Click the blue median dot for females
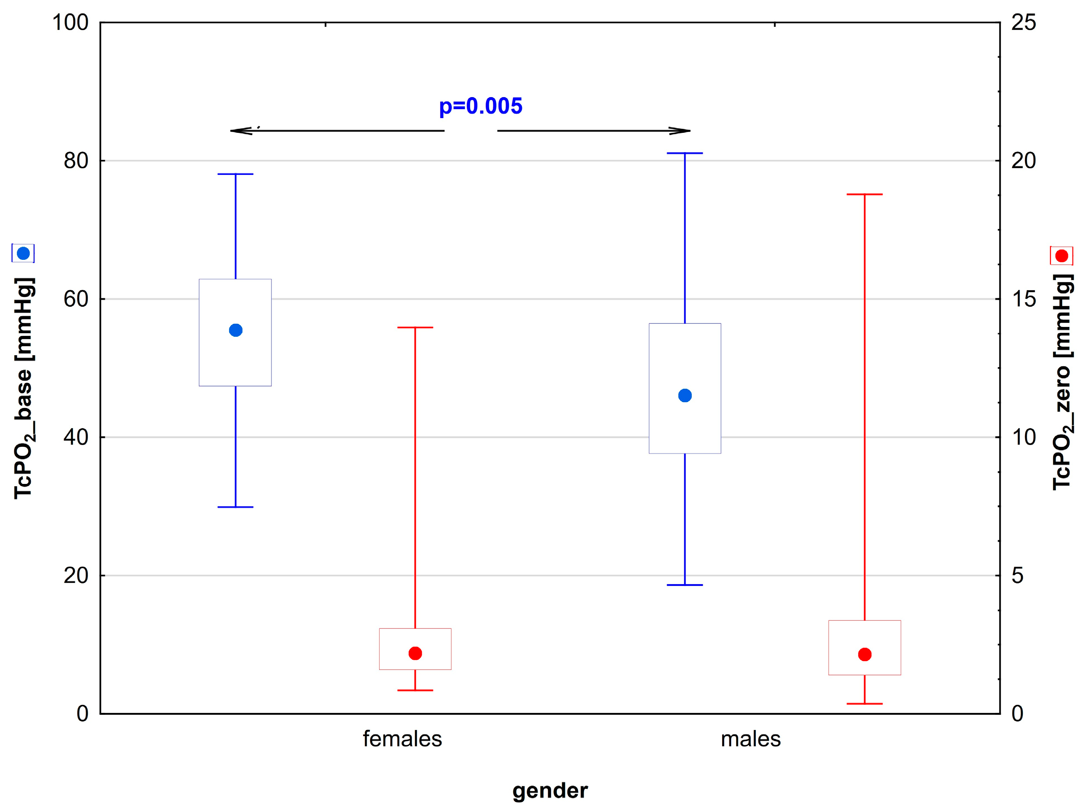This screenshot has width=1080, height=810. pyautogui.click(x=236, y=331)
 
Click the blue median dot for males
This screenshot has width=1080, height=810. pyautogui.click(x=685, y=395)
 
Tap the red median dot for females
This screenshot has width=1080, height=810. pyautogui.click(x=415, y=653)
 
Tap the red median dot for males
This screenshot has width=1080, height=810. pyautogui.click(x=865, y=654)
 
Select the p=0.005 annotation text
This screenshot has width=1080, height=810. pyautogui.click(x=480, y=106)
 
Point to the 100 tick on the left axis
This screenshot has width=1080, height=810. pyautogui.click(x=70, y=22)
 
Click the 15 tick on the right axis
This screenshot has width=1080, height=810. pyautogui.click(x=1023, y=299)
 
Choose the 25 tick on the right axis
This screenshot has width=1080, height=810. pyautogui.click(x=1023, y=22)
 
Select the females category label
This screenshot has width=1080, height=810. pyautogui.click(x=402, y=739)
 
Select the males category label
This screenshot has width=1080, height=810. pyautogui.click(x=750, y=739)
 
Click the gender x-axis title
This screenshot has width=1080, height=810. pyautogui.click(x=550, y=790)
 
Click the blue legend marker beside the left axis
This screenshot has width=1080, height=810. pyautogui.click(x=23, y=254)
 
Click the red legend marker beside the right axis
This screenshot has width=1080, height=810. pyautogui.click(x=1062, y=256)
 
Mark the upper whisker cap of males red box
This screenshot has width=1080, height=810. pyautogui.click(x=865, y=194)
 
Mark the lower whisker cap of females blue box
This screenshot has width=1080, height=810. pyautogui.click(x=235, y=507)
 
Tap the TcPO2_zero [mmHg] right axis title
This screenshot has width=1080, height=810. pyautogui.click(x=1063, y=382)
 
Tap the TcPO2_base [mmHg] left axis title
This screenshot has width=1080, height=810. pyautogui.click(x=23, y=388)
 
